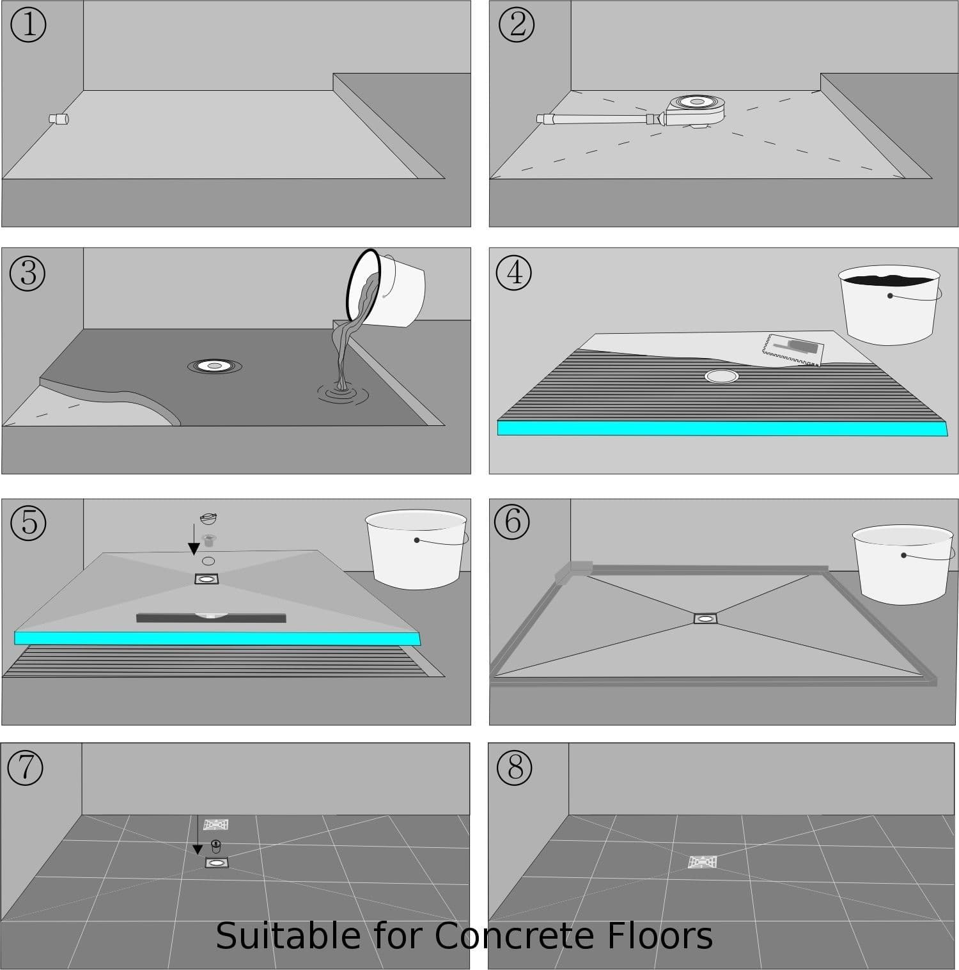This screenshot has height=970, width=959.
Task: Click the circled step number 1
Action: click(29, 25)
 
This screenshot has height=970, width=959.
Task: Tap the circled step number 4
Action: click(514, 272)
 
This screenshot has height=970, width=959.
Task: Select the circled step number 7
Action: click(26, 767)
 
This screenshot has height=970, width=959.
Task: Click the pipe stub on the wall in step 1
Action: click(59, 118)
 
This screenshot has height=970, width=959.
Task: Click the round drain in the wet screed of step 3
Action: click(215, 366)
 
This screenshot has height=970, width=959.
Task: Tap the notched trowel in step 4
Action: click(792, 350)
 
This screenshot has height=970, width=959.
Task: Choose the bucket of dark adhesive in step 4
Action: click(889, 304)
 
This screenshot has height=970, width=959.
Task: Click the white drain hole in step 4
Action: click(721, 376)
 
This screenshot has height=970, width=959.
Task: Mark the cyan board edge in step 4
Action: click(721, 428)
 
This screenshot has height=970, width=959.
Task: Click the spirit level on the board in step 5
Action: click(211, 618)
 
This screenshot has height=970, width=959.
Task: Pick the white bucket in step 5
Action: click(416, 548)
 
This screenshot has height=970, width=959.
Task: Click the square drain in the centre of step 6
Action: click(706, 618)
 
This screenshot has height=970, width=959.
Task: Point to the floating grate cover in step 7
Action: click(216, 824)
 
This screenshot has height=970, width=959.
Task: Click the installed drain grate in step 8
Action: click(702, 862)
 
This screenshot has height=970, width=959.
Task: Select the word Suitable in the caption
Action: click(288, 936)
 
